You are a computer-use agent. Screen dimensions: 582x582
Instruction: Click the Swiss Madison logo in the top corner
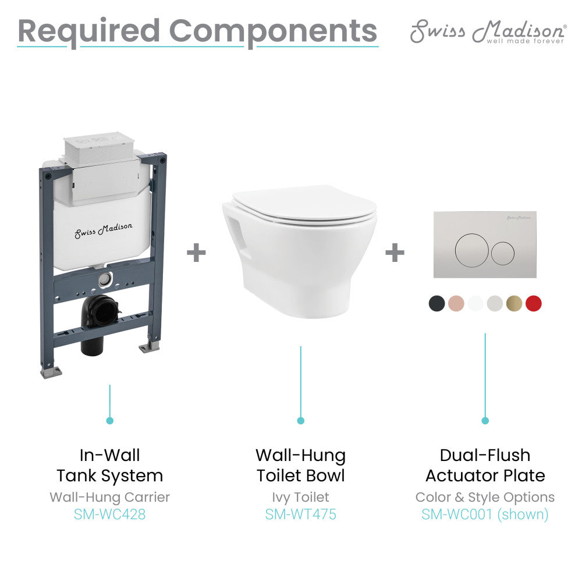pyautogui.click(x=488, y=31)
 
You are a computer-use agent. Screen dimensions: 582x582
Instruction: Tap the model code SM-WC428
pyautogui.click(x=109, y=514)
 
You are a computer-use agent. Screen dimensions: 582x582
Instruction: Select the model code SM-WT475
pyautogui.click(x=300, y=514)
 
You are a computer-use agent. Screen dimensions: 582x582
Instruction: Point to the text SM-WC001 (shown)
pyautogui.click(x=485, y=514)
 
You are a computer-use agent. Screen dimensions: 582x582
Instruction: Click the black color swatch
pyautogui.click(x=436, y=303)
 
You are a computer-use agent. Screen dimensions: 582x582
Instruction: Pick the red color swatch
pyautogui.click(x=533, y=303)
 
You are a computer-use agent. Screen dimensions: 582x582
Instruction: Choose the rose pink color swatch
pyautogui.click(x=456, y=303)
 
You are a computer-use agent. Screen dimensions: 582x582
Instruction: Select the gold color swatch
pyautogui.click(x=514, y=303)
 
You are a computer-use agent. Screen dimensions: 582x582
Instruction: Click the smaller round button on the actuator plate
pyautogui.click(x=503, y=251)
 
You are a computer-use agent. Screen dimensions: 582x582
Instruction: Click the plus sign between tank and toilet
pyautogui.click(x=196, y=253)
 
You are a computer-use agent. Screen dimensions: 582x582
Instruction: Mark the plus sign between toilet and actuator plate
pyautogui.click(x=395, y=253)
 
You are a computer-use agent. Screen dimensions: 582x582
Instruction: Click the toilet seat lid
pyautogui.click(x=303, y=207)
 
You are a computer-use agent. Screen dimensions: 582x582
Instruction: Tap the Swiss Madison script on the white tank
pyautogui.click(x=103, y=230)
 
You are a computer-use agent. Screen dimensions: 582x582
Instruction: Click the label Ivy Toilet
pyautogui.click(x=300, y=497)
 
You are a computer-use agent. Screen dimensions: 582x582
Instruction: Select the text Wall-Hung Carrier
pyautogui.click(x=109, y=497)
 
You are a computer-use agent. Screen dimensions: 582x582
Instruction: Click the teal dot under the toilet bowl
pyautogui.click(x=300, y=420)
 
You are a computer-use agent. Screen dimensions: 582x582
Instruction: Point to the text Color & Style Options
pyautogui.click(x=485, y=497)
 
